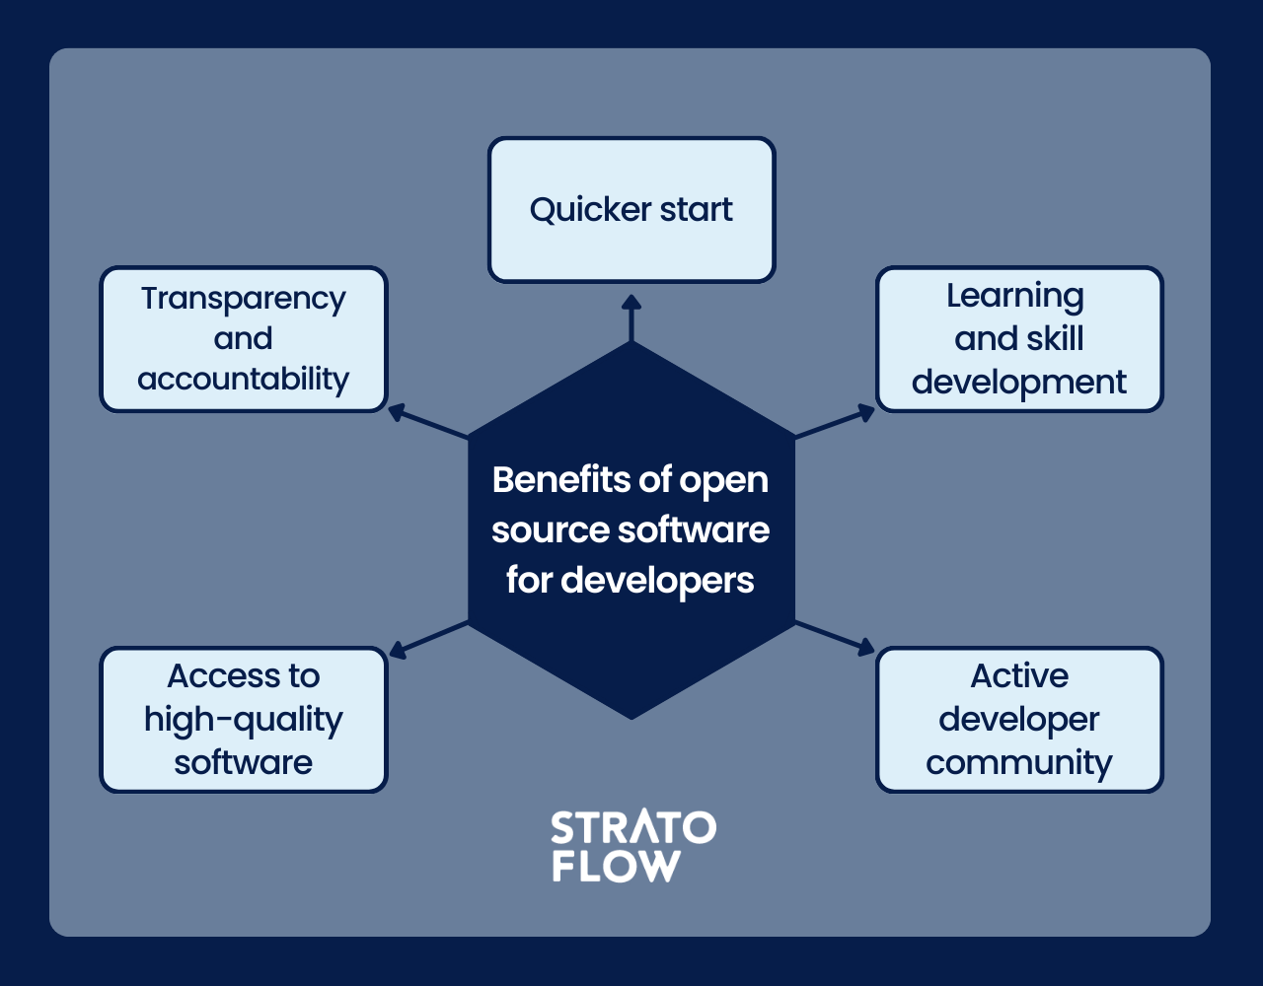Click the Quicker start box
coord(631,210)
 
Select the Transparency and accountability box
coord(244,339)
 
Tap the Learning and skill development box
coord(1019,339)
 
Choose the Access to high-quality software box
coord(244,720)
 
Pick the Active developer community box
coord(1019,720)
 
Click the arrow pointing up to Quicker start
coord(631,318)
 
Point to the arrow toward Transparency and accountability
coord(428,421)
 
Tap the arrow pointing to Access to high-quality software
coord(428,640)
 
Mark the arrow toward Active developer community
coord(835,639)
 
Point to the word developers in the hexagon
coord(657,581)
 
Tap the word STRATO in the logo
coord(633,827)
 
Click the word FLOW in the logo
coord(616,866)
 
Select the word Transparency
coord(244,299)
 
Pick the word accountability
coord(244,380)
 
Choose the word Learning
coord(1015,297)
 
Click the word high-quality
coord(244,721)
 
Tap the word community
coord(1019,763)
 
